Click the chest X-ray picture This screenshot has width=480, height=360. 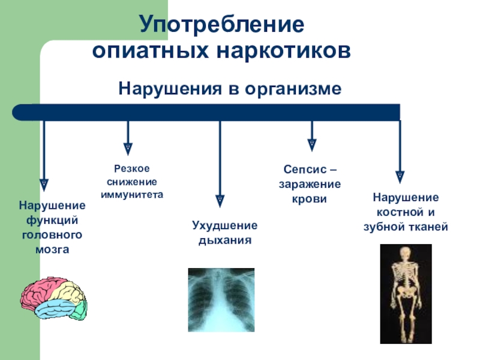(221, 299)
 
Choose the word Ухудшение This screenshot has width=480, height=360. (224, 226)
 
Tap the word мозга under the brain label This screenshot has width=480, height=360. (53, 248)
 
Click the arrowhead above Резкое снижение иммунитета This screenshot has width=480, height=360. (128, 147)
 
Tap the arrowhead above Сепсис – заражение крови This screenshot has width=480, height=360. (311, 145)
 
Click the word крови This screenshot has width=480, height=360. (310, 199)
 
